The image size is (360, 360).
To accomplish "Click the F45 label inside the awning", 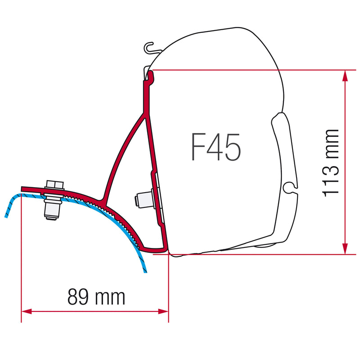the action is click(x=216, y=147).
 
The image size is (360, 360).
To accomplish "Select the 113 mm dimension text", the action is click(x=330, y=163).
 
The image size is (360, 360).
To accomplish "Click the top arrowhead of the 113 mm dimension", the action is click(x=345, y=76).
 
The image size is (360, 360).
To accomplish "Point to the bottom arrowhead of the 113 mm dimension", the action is click(x=345, y=248).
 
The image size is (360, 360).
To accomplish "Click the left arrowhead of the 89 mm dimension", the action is click(x=27, y=311).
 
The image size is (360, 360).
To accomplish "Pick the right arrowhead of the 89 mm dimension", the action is click(x=163, y=311).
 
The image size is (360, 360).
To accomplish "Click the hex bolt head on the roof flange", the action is click(x=55, y=184).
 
